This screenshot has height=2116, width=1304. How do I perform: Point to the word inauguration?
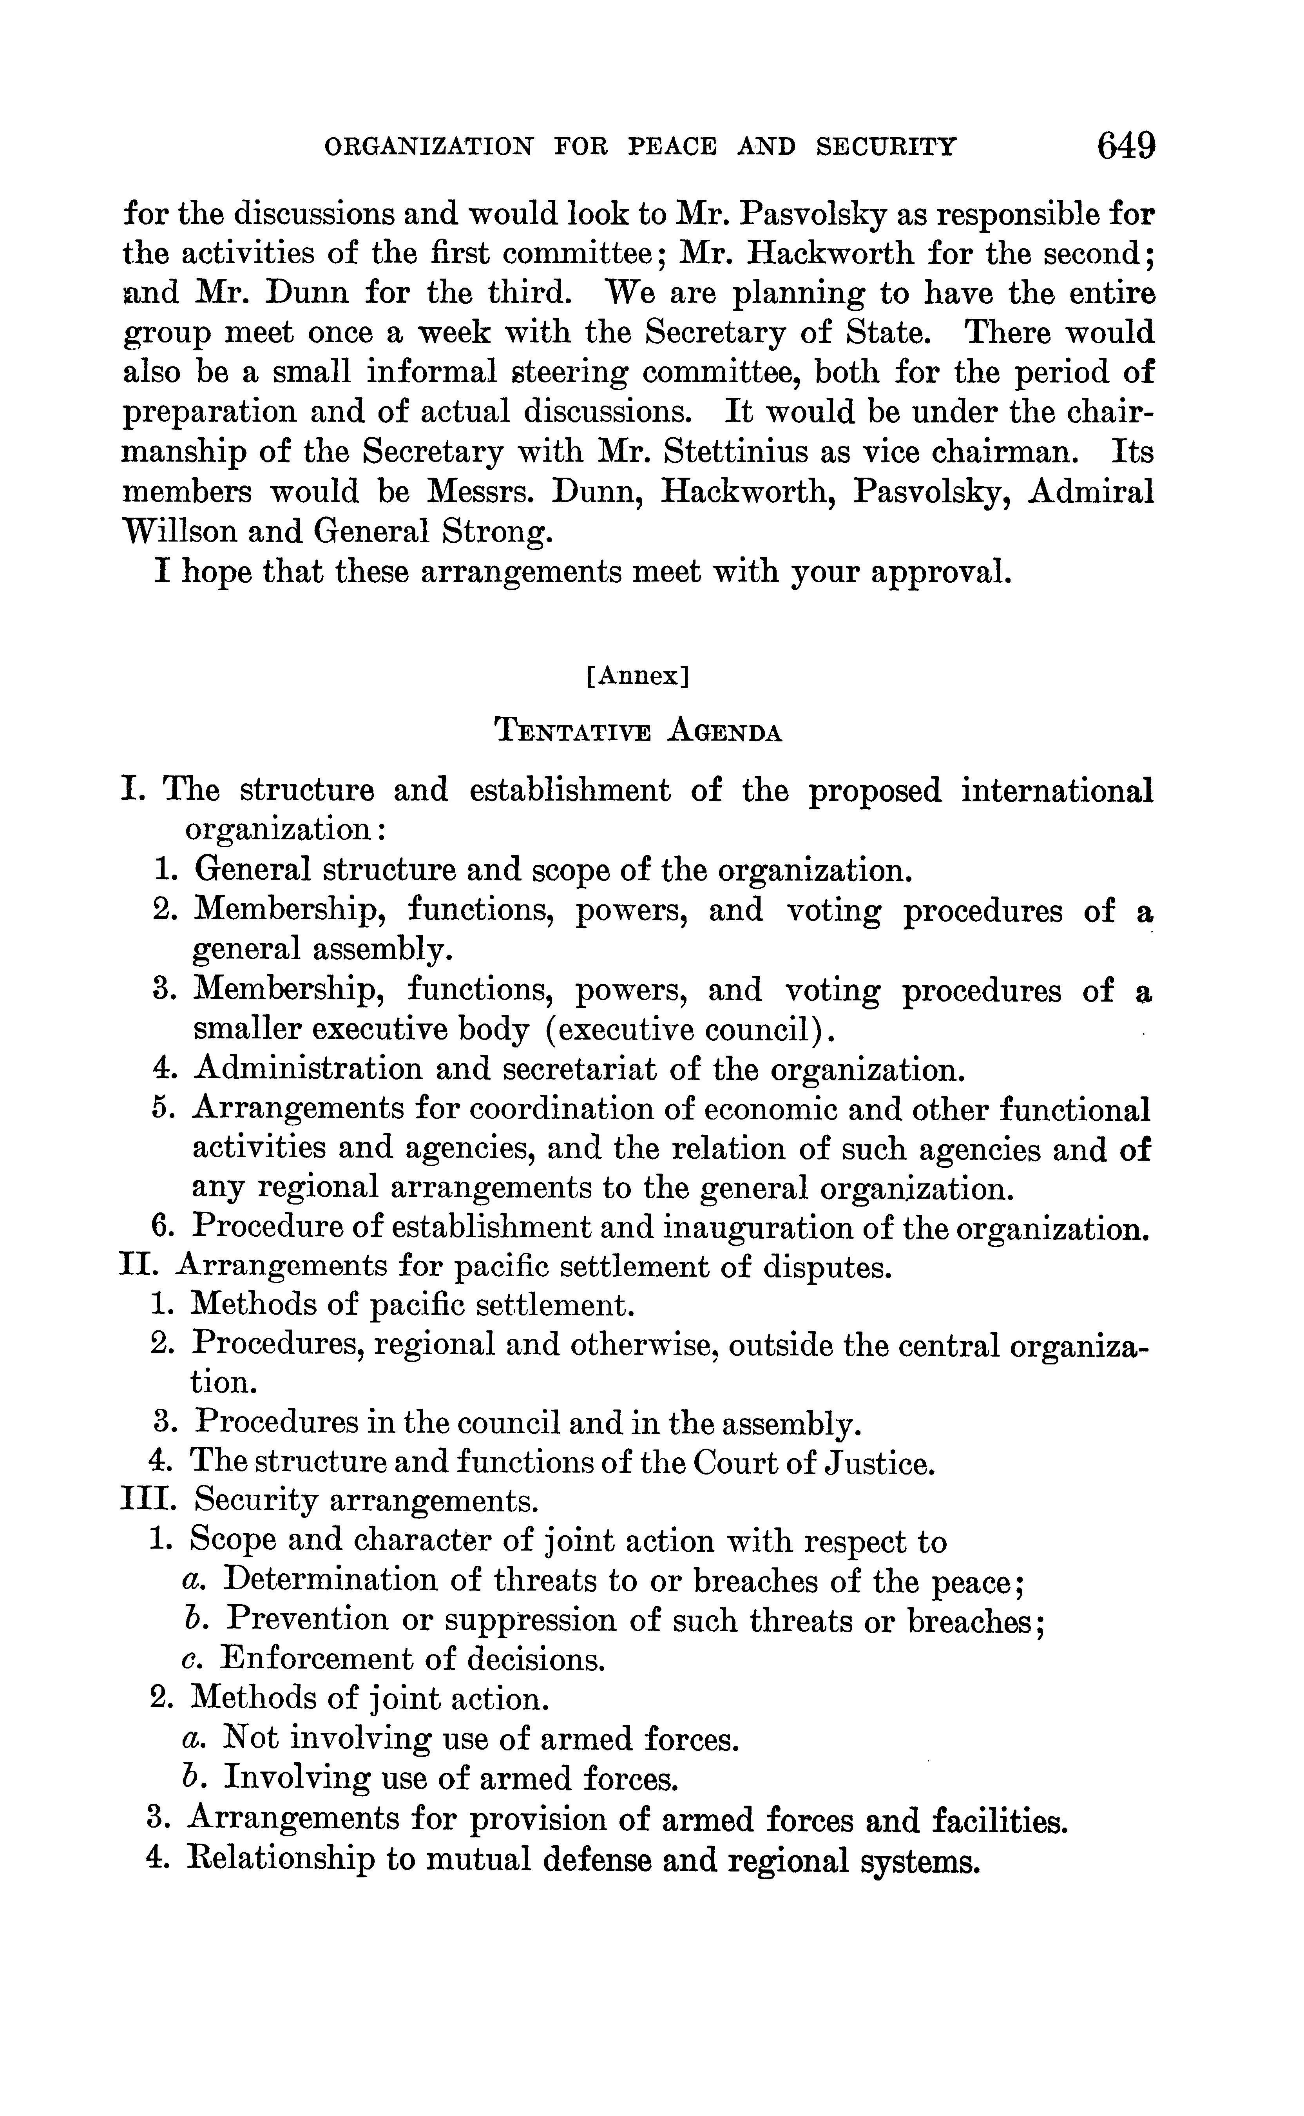pyautogui.click(x=752, y=1227)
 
